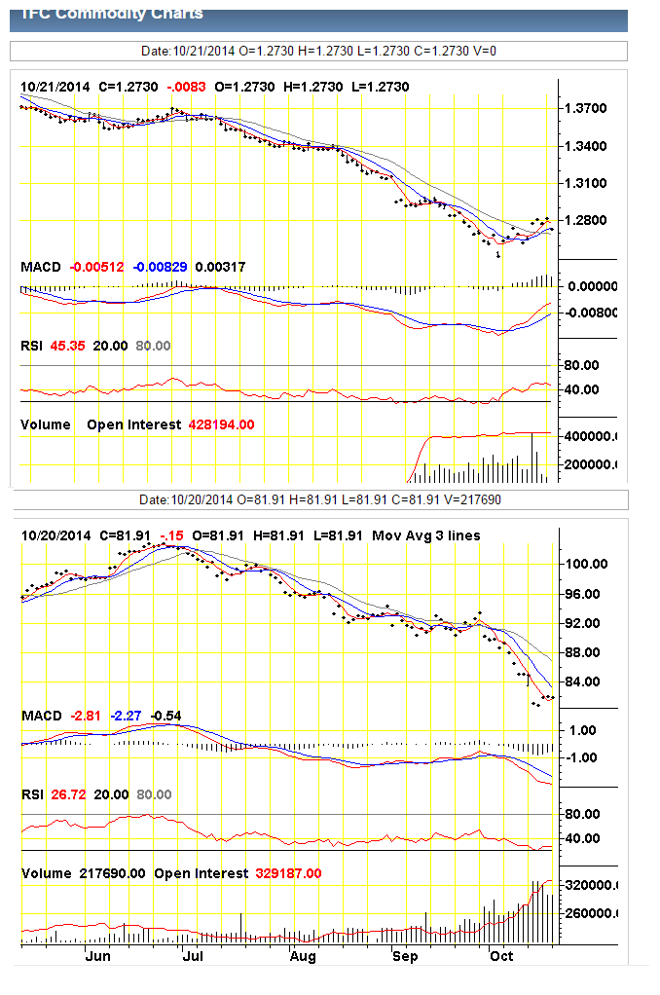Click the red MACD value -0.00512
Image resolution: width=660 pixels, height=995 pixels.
(94, 266)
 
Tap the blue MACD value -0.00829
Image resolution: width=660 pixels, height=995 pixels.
(160, 266)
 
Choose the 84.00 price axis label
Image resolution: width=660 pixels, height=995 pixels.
(586, 682)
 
